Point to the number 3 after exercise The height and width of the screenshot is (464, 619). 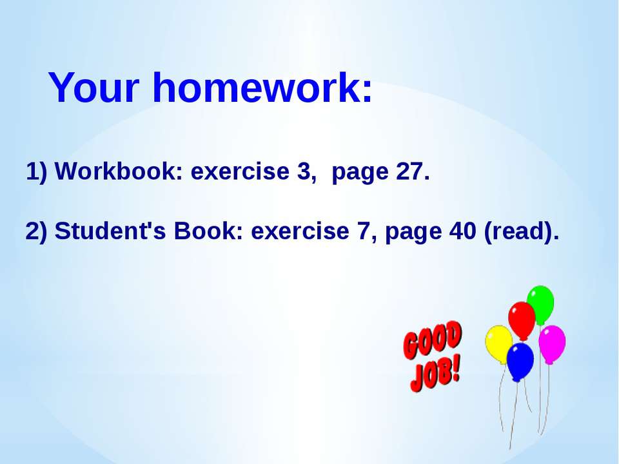click(x=304, y=171)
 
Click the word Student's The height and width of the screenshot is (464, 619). click(x=110, y=231)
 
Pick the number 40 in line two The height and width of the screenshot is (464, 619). click(x=463, y=231)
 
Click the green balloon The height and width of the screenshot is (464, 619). click(x=540, y=305)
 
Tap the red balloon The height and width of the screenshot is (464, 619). click(x=522, y=320)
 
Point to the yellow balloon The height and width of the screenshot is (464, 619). click(x=499, y=344)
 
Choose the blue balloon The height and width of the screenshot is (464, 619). click(x=520, y=362)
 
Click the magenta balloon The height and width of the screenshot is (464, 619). click(x=552, y=344)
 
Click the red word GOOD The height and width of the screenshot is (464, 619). click(x=433, y=340)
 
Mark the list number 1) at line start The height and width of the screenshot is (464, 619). click(x=36, y=171)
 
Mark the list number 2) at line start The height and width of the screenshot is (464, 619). click(x=36, y=231)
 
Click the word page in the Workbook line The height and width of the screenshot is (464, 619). click(x=360, y=173)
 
